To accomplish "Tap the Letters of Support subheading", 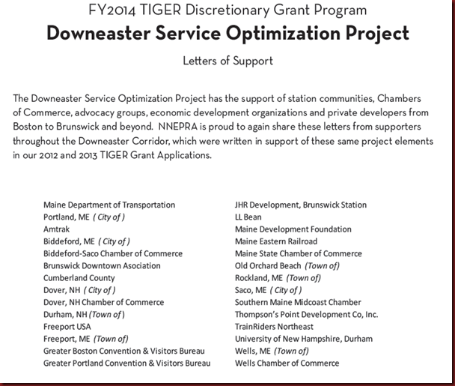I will pos(227,61).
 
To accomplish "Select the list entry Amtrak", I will pos(58,229).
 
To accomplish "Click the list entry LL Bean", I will pos(248,217).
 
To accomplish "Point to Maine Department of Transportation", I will pos(109,205).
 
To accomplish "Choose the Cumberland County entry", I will pos(79,277).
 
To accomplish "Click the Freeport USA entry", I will pos(67,327).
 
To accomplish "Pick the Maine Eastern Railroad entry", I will pos(276,241).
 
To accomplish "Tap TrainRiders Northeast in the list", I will pos(275,327).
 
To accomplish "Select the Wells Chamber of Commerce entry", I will pos(287,364).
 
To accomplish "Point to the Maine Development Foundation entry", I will pos(293,229).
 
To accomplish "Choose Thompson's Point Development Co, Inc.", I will pos(307,315).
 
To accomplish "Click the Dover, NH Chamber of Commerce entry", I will pos(103,302).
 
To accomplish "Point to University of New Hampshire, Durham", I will pos(304,339).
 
